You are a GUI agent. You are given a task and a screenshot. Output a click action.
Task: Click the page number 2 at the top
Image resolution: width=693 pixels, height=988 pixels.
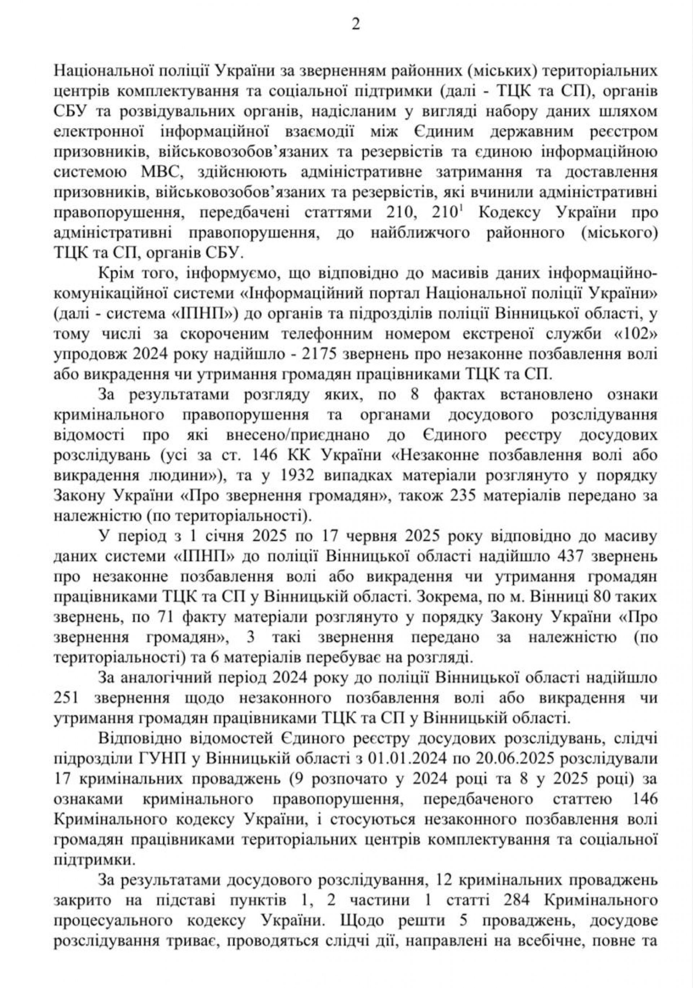click(x=355, y=25)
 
